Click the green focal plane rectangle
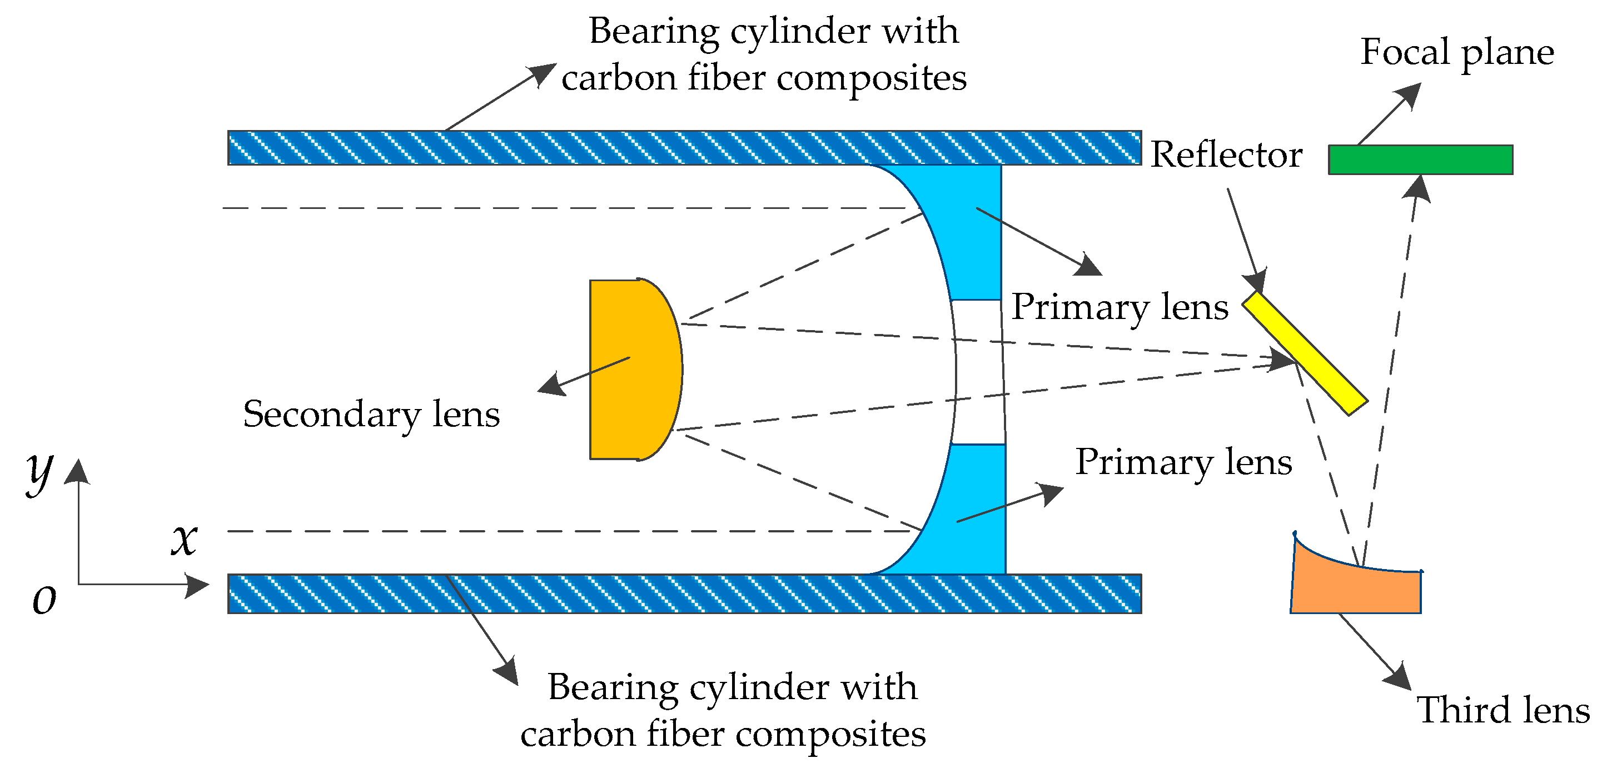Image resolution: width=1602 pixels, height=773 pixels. [x=1420, y=160]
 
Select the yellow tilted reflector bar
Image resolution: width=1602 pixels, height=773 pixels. [x=1304, y=353]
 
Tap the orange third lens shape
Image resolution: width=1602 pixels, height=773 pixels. [x=1356, y=588]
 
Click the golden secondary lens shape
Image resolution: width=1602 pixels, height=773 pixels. [x=631, y=370]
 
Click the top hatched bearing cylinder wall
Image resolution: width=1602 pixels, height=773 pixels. [x=684, y=148]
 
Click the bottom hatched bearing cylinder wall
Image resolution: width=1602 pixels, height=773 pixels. [x=684, y=594]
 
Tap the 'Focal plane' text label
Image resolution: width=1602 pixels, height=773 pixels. [x=1457, y=52]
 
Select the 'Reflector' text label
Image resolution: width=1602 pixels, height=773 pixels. [x=1226, y=155]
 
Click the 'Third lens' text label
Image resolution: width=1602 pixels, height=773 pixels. [x=1503, y=710]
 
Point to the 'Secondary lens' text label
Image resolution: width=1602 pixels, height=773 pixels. [x=371, y=414]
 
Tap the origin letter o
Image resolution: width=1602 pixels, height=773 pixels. [x=44, y=600]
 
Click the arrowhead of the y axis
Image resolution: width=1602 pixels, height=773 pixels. [x=78, y=471]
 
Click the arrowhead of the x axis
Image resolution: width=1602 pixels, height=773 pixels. [x=198, y=586]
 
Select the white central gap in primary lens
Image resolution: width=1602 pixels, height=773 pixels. [x=978, y=372]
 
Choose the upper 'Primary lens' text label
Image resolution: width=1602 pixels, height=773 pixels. [x=1120, y=307]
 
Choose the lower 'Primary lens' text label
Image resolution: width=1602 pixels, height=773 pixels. [x=1183, y=462]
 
